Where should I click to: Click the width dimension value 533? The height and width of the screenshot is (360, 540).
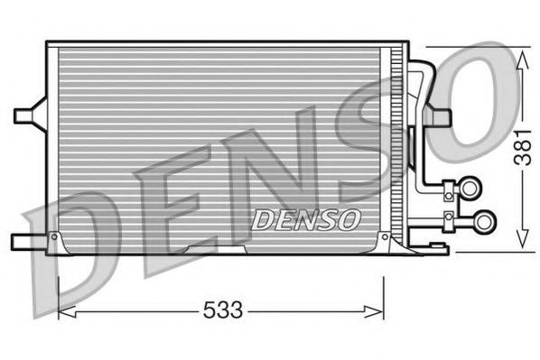222,311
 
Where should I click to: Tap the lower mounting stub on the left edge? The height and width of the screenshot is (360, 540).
27,239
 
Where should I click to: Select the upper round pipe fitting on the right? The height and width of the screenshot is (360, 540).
471,188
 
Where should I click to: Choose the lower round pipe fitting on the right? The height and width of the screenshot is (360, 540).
485,219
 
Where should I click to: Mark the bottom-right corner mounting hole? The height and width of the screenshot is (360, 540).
386,238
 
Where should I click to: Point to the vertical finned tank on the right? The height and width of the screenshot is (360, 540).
395,144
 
